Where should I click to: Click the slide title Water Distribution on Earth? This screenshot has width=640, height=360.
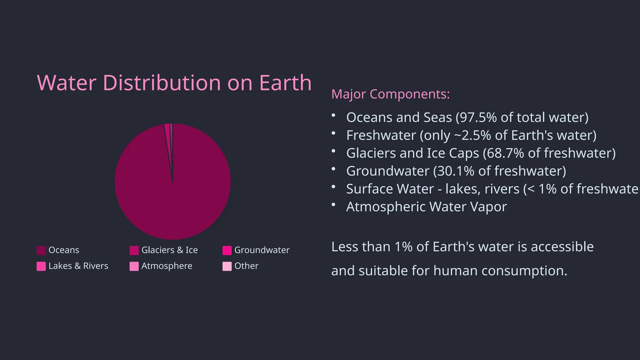point(174,83)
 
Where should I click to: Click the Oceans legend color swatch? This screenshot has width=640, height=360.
point(41,250)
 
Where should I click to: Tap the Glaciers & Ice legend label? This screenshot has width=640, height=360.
point(169,250)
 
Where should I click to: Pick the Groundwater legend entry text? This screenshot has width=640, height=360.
point(262,250)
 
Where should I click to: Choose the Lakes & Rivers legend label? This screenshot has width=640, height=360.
point(78,266)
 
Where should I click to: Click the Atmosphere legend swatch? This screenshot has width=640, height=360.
point(134,266)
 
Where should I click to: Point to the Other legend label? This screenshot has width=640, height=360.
point(246,266)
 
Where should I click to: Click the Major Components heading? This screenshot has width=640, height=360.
point(390,94)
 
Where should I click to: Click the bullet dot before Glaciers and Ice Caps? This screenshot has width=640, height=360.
point(333,151)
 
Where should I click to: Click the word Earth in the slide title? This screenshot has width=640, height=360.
point(285,83)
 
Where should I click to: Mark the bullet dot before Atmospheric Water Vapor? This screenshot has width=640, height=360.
point(333,205)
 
